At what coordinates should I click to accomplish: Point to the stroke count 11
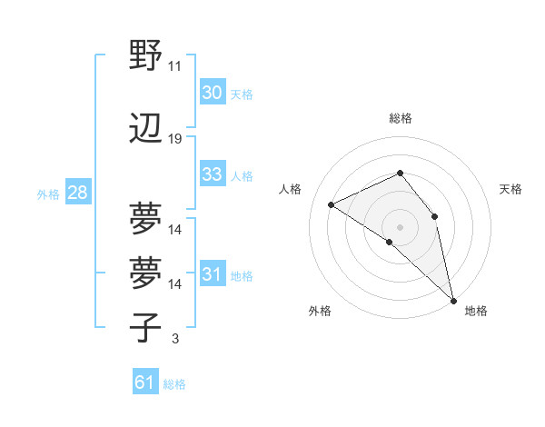click(174, 65)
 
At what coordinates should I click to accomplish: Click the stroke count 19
click(174, 138)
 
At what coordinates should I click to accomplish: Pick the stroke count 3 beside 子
click(174, 339)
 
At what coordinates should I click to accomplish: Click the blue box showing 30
click(212, 92)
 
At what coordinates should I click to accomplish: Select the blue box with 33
click(212, 174)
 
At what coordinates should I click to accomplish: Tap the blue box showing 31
click(212, 274)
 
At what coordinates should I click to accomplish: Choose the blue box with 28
click(76, 193)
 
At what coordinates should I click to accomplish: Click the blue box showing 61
click(144, 382)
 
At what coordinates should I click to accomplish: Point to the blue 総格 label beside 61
click(174, 384)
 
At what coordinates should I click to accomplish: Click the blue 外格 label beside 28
click(47, 194)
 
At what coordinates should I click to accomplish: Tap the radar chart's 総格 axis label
click(400, 118)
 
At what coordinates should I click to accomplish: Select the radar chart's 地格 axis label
click(476, 311)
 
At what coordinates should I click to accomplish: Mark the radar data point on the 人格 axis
click(332, 204)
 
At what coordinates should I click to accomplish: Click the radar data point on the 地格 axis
click(452, 299)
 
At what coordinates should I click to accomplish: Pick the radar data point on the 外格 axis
click(389, 242)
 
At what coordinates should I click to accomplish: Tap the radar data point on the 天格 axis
click(435, 216)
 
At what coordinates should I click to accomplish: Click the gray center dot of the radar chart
click(400, 226)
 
